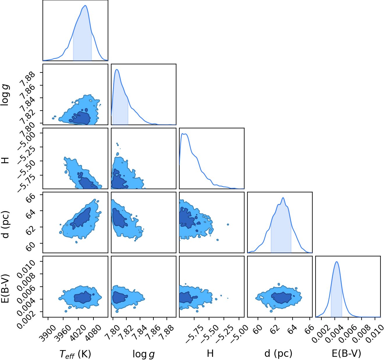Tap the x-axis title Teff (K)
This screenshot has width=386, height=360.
point(75,354)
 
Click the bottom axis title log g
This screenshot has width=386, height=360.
point(144,354)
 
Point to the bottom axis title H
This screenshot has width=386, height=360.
point(210,353)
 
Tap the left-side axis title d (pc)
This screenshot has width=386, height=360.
point(6,224)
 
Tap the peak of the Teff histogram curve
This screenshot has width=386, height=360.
point(85,6)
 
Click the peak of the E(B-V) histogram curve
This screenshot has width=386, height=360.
point(337,262)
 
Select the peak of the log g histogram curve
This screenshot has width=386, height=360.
point(117,70)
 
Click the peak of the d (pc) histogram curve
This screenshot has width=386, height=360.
point(283,198)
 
